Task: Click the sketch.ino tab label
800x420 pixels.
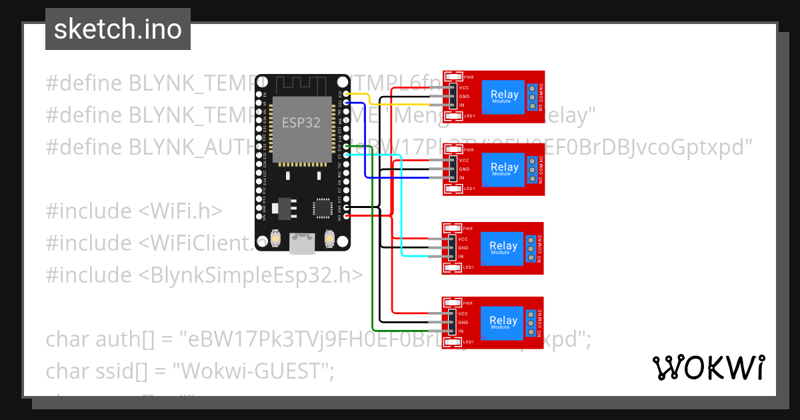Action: tap(117, 29)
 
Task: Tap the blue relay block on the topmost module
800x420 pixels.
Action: tap(504, 96)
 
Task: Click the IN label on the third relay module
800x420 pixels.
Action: tap(461, 257)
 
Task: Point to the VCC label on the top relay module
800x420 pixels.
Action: tap(464, 87)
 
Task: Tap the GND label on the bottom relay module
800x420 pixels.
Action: tap(464, 322)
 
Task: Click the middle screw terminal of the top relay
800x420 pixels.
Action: tap(532, 97)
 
